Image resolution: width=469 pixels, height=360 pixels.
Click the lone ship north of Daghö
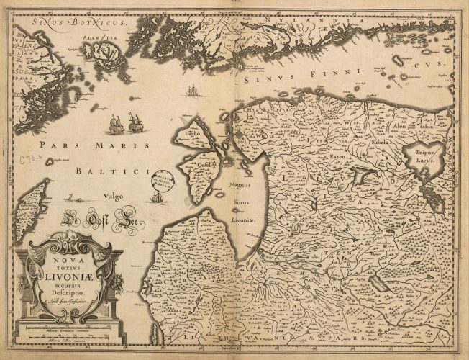click(x=191, y=91)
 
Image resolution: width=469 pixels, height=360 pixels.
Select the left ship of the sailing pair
click(x=117, y=124)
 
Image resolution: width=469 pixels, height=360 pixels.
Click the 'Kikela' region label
click(x=378, y=143)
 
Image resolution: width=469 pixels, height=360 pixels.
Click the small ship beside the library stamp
click(x=158, y=196)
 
